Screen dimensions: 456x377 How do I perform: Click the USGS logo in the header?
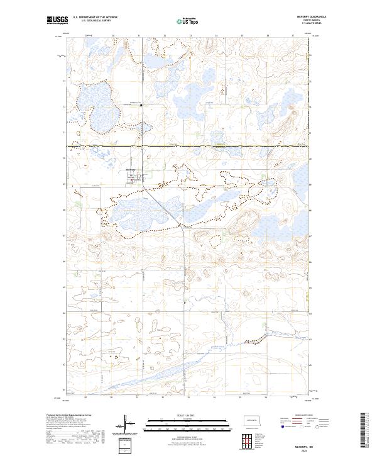57,20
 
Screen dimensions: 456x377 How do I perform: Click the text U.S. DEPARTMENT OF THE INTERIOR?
95,18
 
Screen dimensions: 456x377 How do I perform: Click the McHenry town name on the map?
131,170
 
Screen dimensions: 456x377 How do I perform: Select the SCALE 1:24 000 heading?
182,415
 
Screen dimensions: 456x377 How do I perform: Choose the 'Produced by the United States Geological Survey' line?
67,415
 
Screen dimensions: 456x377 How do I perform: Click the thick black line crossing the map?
188,146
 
